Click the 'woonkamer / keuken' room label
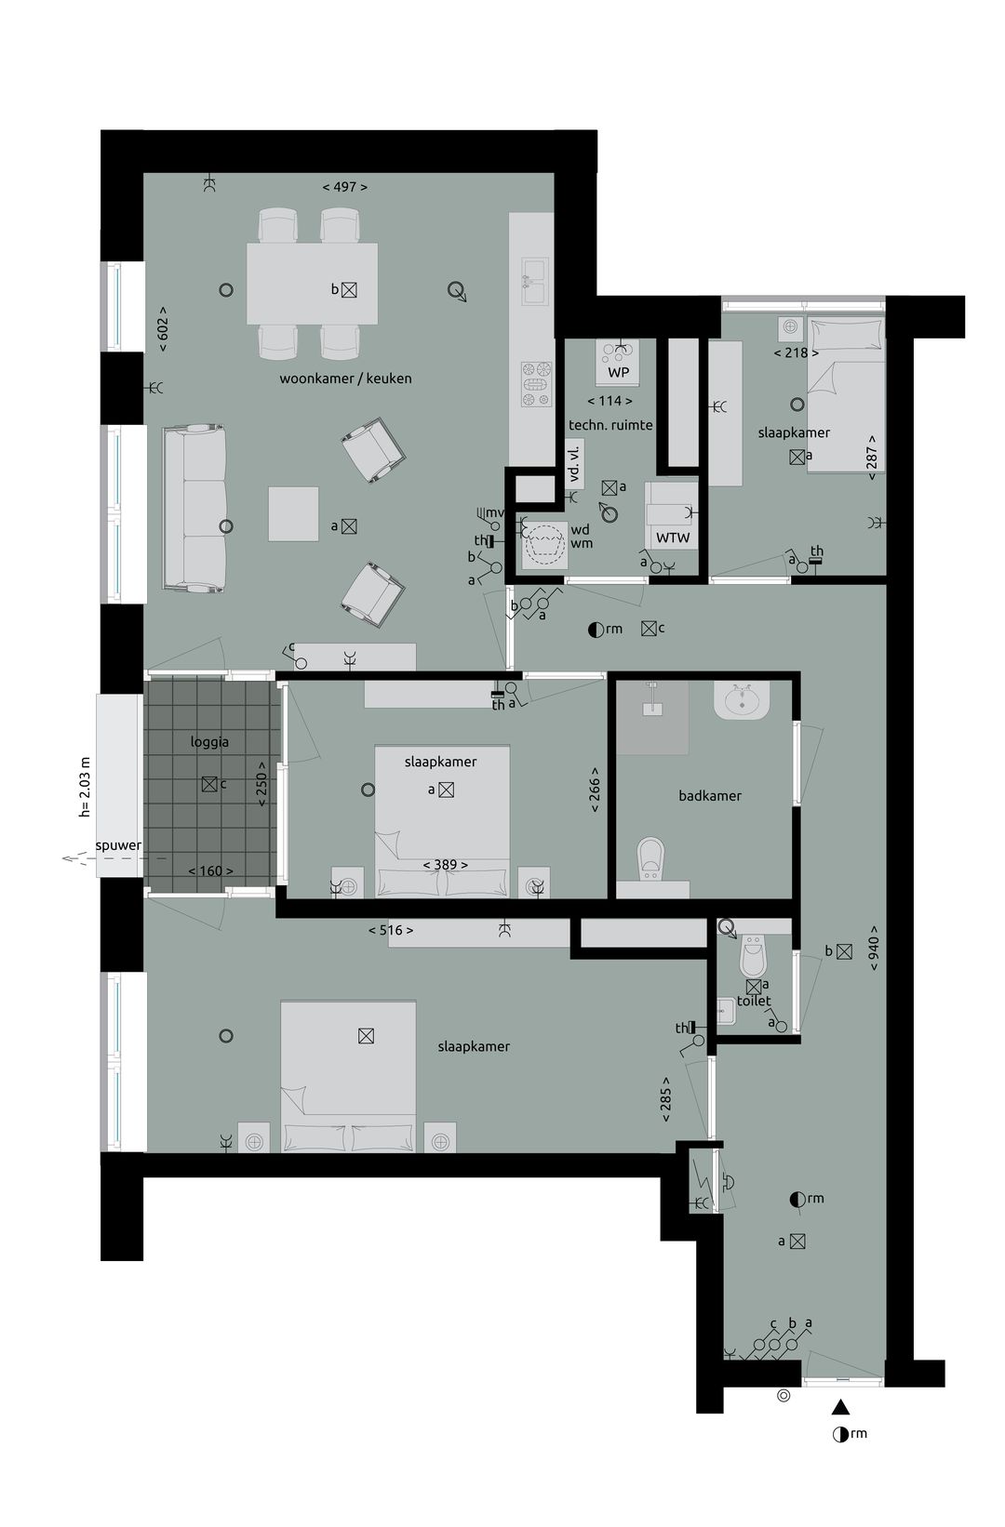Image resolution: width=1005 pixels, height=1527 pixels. click(345, 378)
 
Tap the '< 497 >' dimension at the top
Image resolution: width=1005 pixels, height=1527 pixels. click(345, 187)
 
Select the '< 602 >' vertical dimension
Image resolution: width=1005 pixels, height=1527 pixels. click(163, 329)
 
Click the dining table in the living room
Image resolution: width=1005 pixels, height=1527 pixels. click(312, 284)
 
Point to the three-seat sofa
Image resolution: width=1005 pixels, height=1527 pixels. click(194, 508)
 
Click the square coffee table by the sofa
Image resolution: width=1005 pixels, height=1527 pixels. click(294, 514)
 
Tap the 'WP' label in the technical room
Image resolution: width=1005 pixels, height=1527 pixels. click(618, 372)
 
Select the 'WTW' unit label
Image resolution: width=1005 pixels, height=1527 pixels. click(673, 538)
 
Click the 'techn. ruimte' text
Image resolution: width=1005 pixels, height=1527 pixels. click(610, 425)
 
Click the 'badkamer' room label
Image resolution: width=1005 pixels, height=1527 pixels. click(710, 796)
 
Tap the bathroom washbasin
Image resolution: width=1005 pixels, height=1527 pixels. click(742, 699)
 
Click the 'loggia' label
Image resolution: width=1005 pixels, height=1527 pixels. click(209, 742)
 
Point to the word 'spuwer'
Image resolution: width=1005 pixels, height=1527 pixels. click(118, 845)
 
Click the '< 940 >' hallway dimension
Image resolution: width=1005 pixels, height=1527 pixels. click(875, 949)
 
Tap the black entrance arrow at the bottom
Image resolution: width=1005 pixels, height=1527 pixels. click(840, 1407)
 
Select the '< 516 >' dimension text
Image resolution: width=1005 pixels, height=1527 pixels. click(391, 930)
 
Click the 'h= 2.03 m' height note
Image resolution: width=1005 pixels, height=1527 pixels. click(86, 787)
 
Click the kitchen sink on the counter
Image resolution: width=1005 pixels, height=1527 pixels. click(534, 282)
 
